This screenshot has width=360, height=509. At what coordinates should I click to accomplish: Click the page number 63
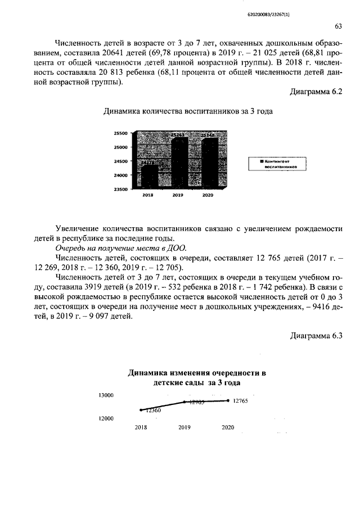(338, 26)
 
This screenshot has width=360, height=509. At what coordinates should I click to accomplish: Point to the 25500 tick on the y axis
(121, 133)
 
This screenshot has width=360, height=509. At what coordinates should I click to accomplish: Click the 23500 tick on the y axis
(121, 190)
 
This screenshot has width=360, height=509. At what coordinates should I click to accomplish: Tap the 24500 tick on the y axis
(121, 161)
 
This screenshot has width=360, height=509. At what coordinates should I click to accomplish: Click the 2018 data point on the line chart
(141, 409)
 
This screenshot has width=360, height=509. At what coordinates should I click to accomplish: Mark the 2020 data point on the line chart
(228, 400)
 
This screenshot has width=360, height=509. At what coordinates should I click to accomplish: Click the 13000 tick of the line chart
(106, 395)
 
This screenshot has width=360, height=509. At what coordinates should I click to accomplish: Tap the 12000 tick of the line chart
(106, 418)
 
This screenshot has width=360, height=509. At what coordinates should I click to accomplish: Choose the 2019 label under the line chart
(184, 427)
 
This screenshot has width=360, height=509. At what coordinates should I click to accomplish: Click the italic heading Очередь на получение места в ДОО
(121, 247)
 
